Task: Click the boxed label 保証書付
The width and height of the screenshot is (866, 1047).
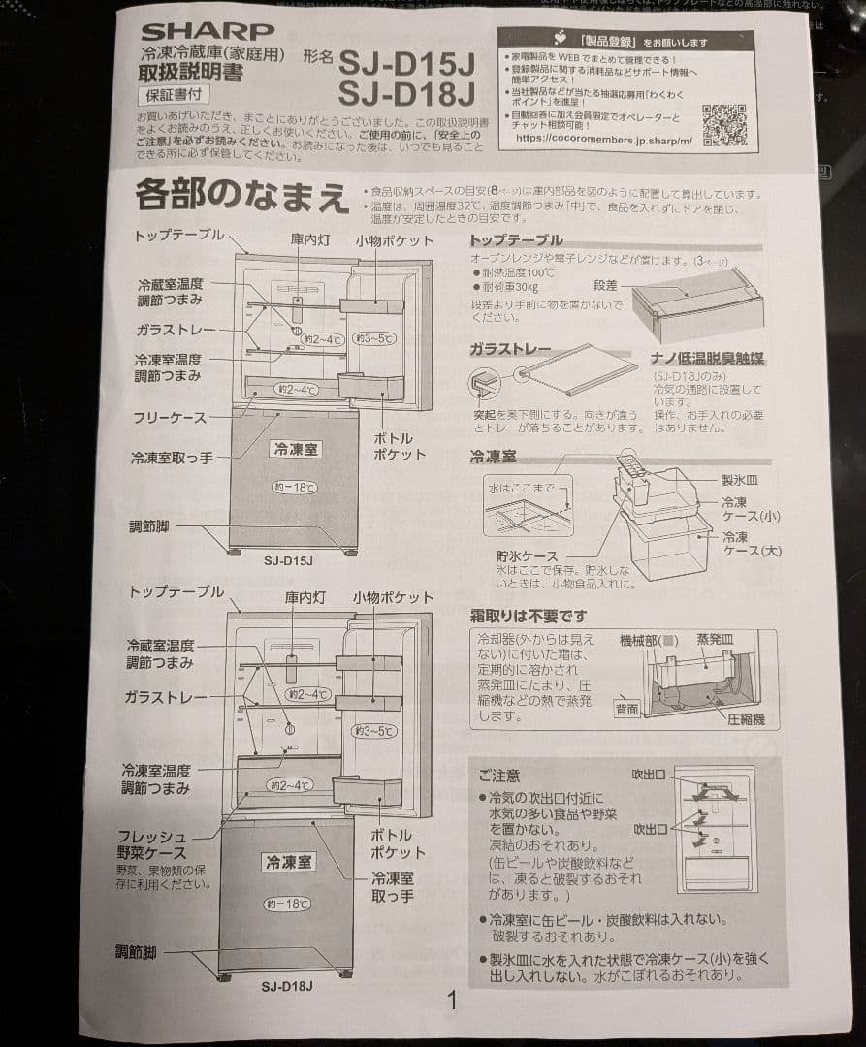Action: (175, 94)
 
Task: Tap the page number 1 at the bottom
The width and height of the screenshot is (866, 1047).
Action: (451, 1000)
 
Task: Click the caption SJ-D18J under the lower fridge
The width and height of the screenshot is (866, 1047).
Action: (286, 987)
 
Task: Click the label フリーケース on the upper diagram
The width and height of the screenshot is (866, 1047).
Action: (170, 418)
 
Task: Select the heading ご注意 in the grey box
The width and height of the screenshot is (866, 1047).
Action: (498, 776)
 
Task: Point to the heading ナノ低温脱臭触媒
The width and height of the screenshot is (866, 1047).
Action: (708, 358)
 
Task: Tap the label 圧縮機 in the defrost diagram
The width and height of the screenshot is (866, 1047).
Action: (746, 718)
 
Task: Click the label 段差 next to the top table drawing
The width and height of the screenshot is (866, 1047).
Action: (605, 286)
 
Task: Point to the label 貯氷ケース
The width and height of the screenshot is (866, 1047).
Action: (527, 556)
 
